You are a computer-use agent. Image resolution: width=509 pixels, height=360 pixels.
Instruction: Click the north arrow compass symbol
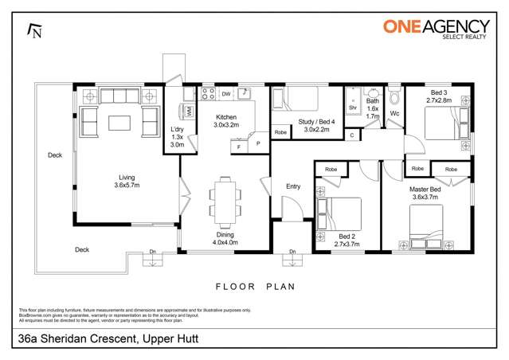33,30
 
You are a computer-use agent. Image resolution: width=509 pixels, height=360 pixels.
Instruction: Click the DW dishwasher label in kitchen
226,94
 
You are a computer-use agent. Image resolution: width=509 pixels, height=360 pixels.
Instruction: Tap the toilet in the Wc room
393,100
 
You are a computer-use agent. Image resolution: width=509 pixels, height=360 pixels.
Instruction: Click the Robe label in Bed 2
331,169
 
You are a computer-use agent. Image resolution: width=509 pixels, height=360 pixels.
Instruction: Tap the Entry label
293,186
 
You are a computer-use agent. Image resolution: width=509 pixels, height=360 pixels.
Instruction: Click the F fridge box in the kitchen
237,147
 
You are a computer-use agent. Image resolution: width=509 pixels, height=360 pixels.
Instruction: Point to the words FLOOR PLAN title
255,284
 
